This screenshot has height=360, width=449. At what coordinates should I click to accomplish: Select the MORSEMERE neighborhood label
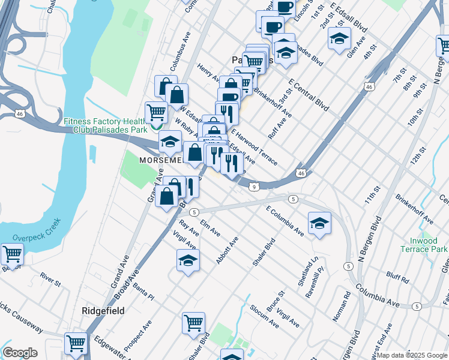point(161,160)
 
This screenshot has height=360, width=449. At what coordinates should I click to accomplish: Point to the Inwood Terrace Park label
point(424,245)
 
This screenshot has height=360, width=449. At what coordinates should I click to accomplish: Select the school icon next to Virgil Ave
point(188,260)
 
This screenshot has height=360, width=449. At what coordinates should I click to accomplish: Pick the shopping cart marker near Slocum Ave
point(193,322)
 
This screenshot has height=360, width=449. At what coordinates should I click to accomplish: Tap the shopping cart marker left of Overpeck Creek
point(12,254)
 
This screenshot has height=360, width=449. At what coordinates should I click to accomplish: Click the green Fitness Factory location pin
point(155,125)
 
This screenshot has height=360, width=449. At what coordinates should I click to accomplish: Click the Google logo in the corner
point(20,353)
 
